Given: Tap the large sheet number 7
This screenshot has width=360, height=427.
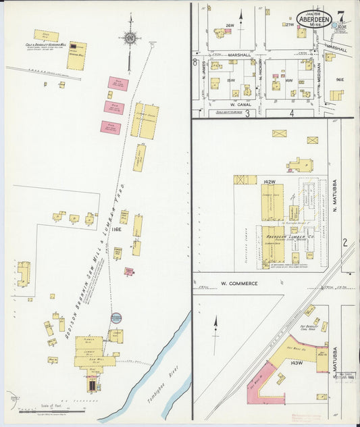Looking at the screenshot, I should tap(342, 16).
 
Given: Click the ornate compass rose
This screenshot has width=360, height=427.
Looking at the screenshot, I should tap(129, 39).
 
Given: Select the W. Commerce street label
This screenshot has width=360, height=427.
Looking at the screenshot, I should tap(237, 284).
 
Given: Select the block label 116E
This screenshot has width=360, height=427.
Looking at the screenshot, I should tap(116, 230).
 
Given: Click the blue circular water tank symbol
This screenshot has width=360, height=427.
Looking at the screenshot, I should tap(115, 318).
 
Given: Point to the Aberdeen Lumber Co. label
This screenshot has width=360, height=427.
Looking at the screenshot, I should tap(284, 238).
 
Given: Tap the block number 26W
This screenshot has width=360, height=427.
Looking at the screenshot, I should tap(230, 26).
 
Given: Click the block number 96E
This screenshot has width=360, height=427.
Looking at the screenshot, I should tap(339, 79).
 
